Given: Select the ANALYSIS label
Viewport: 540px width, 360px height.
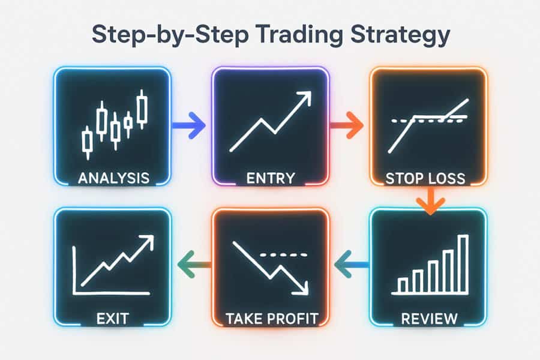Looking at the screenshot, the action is pyautogui.click(x=113, y=178).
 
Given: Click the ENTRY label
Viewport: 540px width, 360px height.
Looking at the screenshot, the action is pyautogui.click(x=271, y=178).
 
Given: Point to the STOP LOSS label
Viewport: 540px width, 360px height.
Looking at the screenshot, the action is pyautogui.click(x=425, y=178).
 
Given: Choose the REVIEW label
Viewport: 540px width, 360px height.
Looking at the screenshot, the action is pyautogui.click(x=430, y=319).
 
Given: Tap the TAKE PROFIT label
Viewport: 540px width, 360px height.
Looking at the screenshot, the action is pyautogui.click(x=272, y=319).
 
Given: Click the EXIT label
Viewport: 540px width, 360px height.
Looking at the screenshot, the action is pyautogui.click(x=113, y=319).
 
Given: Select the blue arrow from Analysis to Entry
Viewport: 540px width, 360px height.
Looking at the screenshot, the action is pyautogui.click(x=189, y=125).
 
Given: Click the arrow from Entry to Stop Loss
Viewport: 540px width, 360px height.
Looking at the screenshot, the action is pyautogui.click(x=347, y=125).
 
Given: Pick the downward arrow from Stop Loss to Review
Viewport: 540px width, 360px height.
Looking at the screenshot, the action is pyautogui.click(x=430, y=200).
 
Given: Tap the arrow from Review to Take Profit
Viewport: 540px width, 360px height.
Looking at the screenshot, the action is pyautogui.click(x=352, y=265).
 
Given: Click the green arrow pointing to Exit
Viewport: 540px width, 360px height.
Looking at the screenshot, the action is pyautogui.click(x=194, y=265).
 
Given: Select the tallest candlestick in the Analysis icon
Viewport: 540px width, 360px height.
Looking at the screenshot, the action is pyautogui.click(x=142, y=109).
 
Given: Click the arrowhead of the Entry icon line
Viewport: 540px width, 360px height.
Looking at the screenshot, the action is pyautogui.click(x=304, y=98).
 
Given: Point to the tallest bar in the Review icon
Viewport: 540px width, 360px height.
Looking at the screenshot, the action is pyautogui.click(x=464, y=264).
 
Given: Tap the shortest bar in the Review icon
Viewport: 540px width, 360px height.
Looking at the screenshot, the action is pyautogui.click(x=402, y=285).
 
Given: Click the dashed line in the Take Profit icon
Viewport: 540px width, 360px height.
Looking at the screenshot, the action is pyautogui.click(x=283, y=255).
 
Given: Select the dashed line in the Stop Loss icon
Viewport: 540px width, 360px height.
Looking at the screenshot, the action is pyautogui.click(x=430, y=119).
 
